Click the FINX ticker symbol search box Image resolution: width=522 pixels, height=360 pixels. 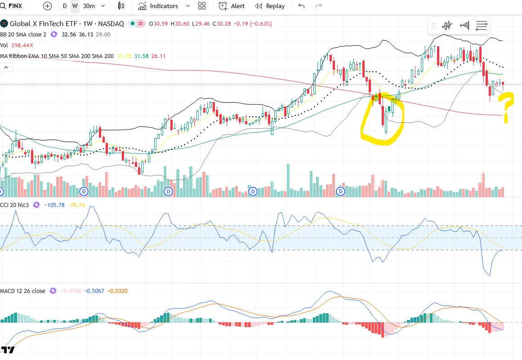point(15,6)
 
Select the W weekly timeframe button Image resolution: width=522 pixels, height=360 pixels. point(75,6)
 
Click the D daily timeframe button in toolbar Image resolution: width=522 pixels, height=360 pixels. point(65,6)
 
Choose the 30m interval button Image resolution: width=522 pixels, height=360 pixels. point(89,6)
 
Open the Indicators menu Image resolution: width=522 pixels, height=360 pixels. point(158,6)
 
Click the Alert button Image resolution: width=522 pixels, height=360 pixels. point(232,6)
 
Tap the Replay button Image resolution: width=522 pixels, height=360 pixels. point(270,6)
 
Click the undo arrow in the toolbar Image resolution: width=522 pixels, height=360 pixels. point(301,6)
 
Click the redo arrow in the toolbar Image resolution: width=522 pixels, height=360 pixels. point(318,6)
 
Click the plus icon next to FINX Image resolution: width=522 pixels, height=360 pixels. point(47,6)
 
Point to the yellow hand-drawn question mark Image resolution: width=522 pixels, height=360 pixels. point(507,106)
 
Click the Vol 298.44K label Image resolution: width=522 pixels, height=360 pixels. point(17,45)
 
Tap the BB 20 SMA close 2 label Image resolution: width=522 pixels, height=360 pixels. point(23,34)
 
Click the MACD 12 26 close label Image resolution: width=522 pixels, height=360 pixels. point(23,291)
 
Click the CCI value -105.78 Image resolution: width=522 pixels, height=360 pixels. point(55,205)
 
